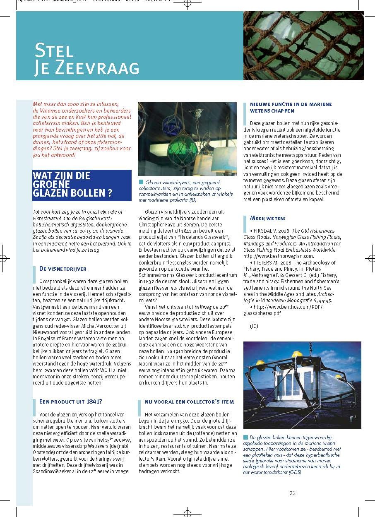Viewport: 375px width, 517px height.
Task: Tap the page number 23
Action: [x=292, y=493]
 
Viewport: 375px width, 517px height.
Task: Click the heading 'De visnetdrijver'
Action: [x=63, y=269]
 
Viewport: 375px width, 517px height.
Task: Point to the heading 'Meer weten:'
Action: [x=268, y=218]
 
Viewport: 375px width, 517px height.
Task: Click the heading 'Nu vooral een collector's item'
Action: [x=189, y=402]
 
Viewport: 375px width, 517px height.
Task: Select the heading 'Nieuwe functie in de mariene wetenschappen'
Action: [x=291, y=108]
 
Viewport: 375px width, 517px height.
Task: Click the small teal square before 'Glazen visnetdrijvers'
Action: [x=141, y=182]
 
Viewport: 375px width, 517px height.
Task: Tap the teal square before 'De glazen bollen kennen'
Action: [x=245, y=437]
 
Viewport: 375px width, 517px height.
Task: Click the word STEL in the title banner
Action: [x=54, y=50]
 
